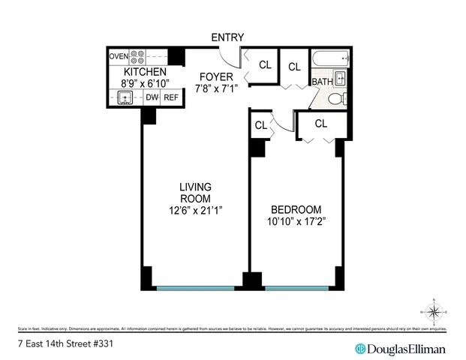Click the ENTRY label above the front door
228,37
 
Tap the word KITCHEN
145,71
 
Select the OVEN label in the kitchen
119,56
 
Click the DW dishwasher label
152,97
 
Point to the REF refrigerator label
172,97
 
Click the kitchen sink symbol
125,97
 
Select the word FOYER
215,77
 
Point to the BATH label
322,82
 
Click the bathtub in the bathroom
331,58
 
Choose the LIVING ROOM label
195,192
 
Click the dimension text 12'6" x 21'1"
195,210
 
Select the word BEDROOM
296,209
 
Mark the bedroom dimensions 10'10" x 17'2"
296,221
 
